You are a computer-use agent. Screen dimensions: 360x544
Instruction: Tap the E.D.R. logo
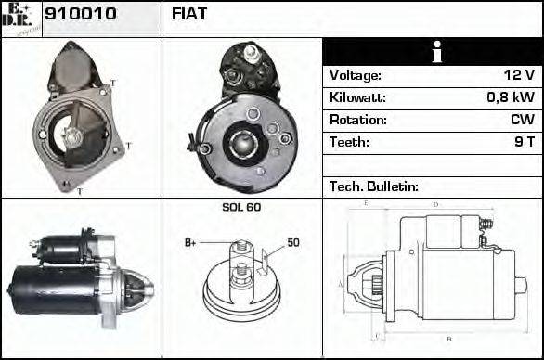(21, 19)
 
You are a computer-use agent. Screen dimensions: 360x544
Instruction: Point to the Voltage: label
(355, 75)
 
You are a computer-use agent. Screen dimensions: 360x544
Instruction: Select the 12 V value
(519, 75)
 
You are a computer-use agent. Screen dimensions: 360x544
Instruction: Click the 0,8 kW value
(510, 97)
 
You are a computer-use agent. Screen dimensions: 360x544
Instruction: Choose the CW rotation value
(523, 120)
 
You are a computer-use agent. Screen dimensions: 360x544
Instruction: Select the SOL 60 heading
(241, 207)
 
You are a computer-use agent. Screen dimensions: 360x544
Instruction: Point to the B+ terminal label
(190, 243)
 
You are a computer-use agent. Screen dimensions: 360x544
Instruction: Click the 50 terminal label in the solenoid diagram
(292, 243)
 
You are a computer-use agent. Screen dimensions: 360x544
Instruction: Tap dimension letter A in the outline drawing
(341, 283)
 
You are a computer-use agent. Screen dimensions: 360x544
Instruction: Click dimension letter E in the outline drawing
(365, 202)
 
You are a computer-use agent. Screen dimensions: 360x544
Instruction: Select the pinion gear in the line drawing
(377, 286)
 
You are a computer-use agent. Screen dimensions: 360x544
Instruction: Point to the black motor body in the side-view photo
(56, 285)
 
